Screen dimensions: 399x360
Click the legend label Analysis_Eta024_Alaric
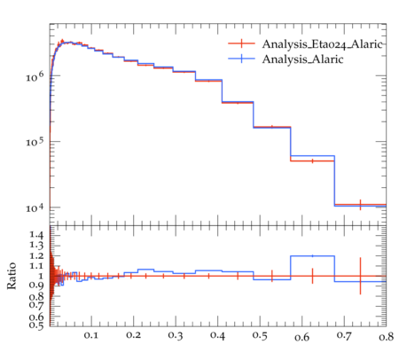tap(323, 44)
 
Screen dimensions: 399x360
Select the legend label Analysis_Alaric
tap(302, 59)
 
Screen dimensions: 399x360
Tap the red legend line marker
tap(241, 43)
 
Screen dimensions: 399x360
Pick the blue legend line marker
tap(241, 59)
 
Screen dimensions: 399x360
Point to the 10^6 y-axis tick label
tap(35, 76)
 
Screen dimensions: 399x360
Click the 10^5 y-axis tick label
tap(35, 142)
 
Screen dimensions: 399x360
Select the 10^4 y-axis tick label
tap(35, 207)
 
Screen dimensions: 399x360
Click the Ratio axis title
tap(12, 276)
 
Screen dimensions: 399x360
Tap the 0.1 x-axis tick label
tap(91, 335)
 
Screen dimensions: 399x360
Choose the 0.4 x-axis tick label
tap(217, 335)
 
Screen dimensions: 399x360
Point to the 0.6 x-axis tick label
tap(301, 337)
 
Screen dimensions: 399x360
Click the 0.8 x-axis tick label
tap(386, 337)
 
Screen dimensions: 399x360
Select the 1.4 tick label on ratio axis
tap(36, 235)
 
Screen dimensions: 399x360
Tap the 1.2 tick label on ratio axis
tap(36, 255)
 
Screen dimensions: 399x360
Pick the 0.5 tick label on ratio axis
tap(36, 325)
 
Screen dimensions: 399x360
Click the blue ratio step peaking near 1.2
tap(312, 256)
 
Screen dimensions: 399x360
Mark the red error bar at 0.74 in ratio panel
tap(360, 276)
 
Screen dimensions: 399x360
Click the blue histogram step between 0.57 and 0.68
tap(312, 156)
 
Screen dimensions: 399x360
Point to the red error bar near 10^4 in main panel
tap(360, 205)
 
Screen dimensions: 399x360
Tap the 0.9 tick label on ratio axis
tap(36, 286)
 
